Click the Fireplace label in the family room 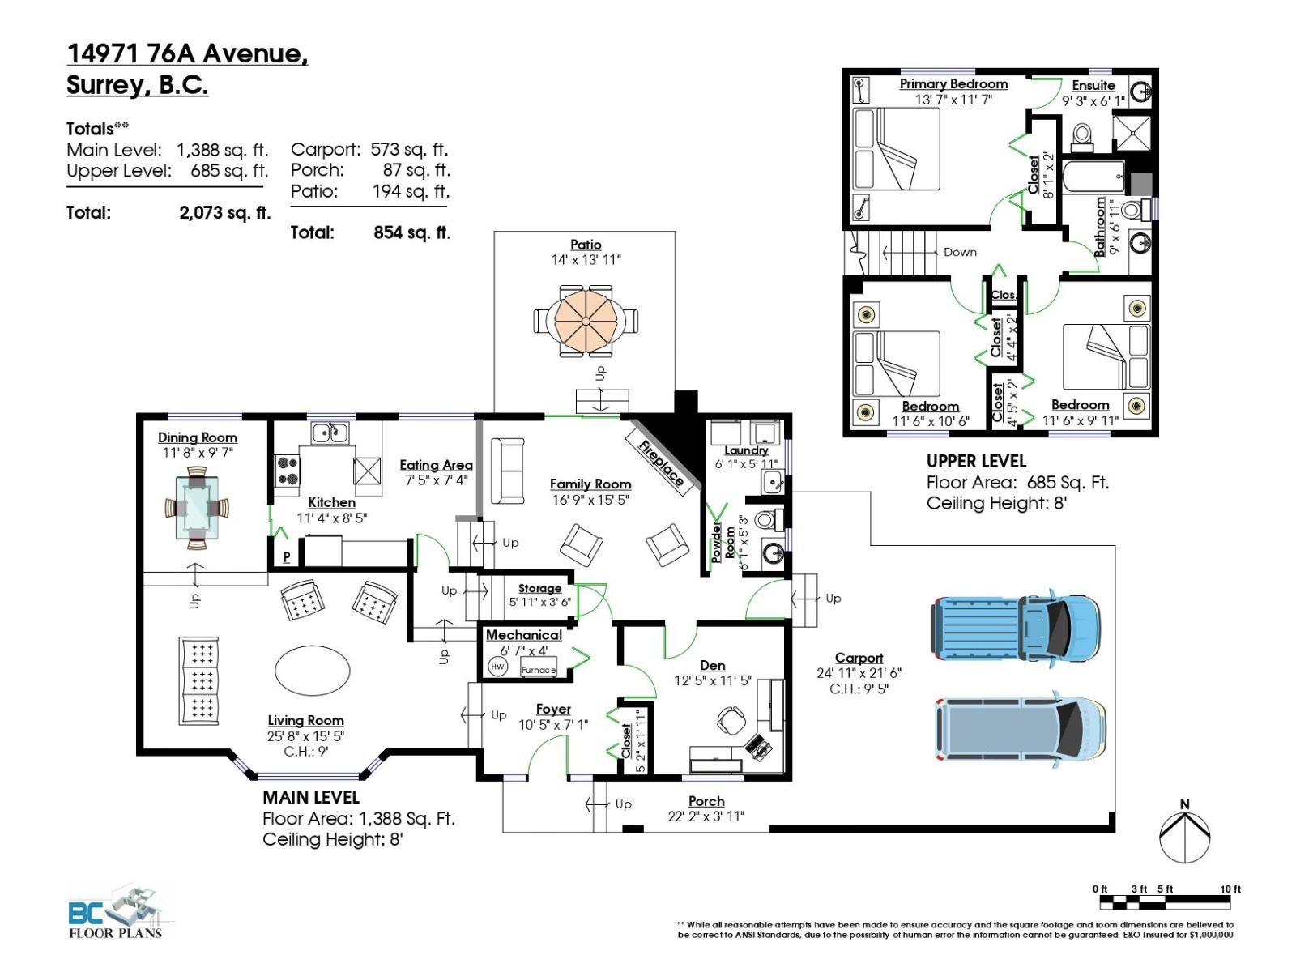coord(660,463)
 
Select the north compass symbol coord(1185,833)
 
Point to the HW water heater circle coord(497,667)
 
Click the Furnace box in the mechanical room coord(539,669)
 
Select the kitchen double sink coord(330,433)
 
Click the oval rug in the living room coord(313,671)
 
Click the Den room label coord(713,665)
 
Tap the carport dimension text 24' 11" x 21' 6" coord(859,673)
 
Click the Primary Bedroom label coord(953,84)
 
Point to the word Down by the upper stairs coord(960,252)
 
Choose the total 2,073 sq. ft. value coord(224,213)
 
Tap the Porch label coord(706,801)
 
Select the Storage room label coord(539,588)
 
